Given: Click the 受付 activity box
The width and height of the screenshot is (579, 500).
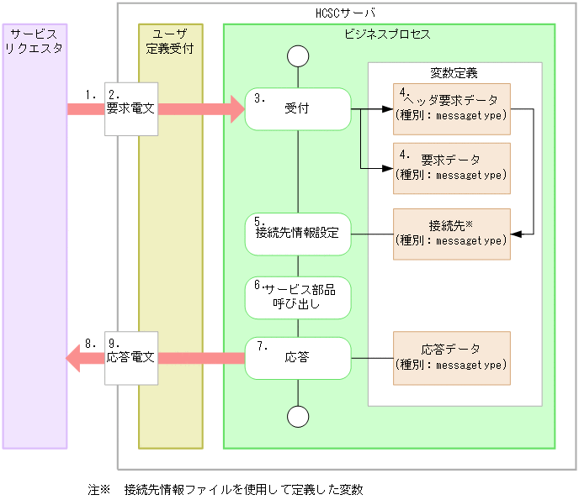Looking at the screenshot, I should tap(298, 109).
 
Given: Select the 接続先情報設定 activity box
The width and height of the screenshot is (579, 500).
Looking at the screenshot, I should tap(298, 234).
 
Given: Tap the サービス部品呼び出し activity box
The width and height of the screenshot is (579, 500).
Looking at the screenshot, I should tap(298, 297).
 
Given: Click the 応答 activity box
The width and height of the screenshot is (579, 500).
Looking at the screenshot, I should tap(298, 358).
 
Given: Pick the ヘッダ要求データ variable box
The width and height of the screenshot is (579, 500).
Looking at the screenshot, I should tap(451, 109).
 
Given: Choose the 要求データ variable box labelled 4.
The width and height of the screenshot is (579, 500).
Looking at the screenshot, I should tap(451, 167).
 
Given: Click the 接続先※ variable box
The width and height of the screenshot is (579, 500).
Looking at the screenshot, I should tap(451, 234).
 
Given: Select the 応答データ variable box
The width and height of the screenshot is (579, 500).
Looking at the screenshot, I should tap(451, 358).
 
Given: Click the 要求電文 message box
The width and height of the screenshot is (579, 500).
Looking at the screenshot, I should tap(130, 108).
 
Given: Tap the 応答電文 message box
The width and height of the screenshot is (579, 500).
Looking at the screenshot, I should tap(130, 358).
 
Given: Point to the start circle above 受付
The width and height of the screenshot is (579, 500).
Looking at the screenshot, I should tap(298, 56).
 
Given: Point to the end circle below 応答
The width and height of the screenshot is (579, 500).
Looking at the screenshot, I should tap(298, 416).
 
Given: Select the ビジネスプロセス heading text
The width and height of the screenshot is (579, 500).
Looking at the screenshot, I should tap(388, 34).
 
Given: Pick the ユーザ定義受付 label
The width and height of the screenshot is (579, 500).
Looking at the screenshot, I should tap(170, 40).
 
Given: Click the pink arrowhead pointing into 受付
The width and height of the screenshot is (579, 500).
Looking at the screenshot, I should tap(234, 109).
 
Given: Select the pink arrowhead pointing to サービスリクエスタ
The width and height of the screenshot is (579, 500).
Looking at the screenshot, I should tap(74, 359).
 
